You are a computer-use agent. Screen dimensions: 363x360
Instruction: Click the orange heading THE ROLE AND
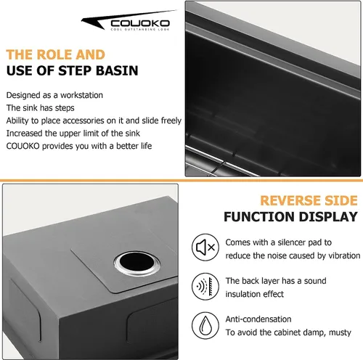pos(56,54)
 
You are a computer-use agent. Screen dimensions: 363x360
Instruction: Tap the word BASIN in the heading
pos(117,71)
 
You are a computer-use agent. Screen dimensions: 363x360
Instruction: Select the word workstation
pos(81,95)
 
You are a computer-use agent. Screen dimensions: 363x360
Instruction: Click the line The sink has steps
pos(41,108)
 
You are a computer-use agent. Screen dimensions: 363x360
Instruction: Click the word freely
pos(171,120)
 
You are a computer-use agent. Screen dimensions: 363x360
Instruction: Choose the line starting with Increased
pos(73,134)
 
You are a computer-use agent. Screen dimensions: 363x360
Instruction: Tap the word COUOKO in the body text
pos(23,146)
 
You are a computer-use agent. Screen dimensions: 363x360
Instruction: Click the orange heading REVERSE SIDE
pos(309,200)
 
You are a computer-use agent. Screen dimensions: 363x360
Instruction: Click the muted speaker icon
pos(205,247)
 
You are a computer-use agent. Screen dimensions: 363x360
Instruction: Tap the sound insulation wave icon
pos(205,287)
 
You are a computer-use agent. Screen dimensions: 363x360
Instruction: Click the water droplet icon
pos(205,325)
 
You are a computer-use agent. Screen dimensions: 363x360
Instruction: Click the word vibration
pos(344,255)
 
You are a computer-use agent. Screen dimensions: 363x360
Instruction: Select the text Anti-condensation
pos(258,319)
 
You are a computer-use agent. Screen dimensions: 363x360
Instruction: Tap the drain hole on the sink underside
pos(137,263)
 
